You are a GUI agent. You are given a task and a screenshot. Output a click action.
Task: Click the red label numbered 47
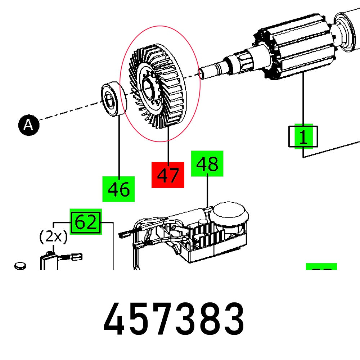click(x=168, y=175)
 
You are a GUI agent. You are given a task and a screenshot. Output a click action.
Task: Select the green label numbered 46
click(x=119, y=189)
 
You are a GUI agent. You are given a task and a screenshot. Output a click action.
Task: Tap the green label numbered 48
click(x=207, y=164)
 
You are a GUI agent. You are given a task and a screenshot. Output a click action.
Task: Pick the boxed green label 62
click(x=86, y=222)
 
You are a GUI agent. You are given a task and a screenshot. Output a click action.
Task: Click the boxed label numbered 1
click(x=303, y=136)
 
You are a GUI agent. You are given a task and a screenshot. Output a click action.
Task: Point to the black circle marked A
click(x=28, y=125)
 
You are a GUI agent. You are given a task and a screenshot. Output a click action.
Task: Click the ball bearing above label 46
click(x=112, y=99)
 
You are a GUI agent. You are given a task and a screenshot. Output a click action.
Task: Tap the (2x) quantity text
click(x=53, y=237)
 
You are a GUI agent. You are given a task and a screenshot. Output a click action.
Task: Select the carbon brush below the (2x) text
click(x=49, y=261)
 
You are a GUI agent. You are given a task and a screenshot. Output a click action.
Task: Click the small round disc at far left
click(x=20, y=266)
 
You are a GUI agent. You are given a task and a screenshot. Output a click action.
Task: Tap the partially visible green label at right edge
click(x=321, y=267)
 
